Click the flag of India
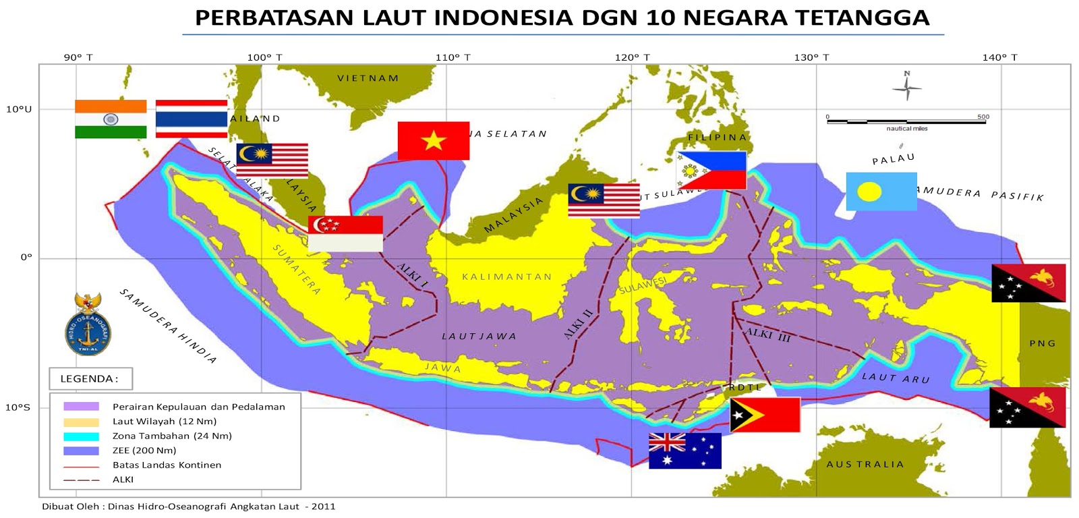(111, 119)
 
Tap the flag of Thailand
(192, 119)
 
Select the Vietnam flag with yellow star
(433, 141)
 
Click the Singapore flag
(345, 233)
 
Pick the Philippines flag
(711, 171)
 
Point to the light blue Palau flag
(881, 192)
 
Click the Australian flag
(684, 451)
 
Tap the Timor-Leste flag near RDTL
(765, 415)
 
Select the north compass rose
(907, 86)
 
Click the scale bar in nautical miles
(906, 122)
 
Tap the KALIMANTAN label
(506, 277)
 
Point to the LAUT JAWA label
(479, 336)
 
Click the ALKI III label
(767, 335)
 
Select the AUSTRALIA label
(865, 464)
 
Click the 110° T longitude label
(453, 57)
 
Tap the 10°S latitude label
(18, 407)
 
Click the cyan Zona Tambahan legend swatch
(81, 436)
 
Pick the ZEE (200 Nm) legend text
(144, 451)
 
